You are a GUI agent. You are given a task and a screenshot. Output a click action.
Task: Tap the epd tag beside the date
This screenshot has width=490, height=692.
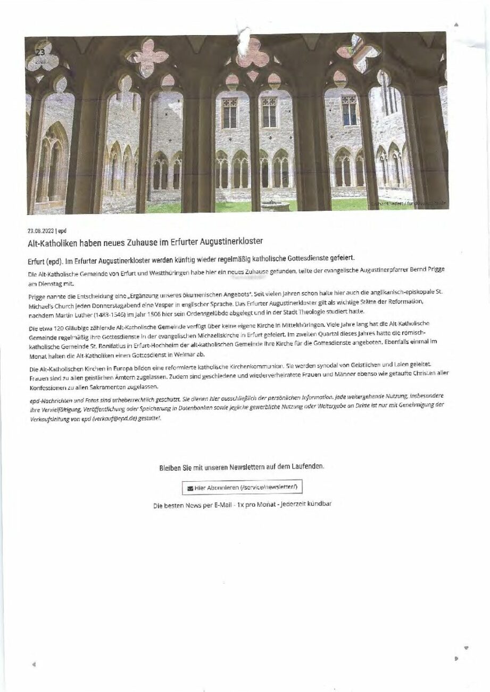coord(62,231)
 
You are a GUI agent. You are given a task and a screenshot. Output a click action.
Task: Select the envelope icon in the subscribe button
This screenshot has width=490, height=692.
coord(190,488)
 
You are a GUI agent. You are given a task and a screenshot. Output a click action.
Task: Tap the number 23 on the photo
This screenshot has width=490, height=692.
coord(40,52)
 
